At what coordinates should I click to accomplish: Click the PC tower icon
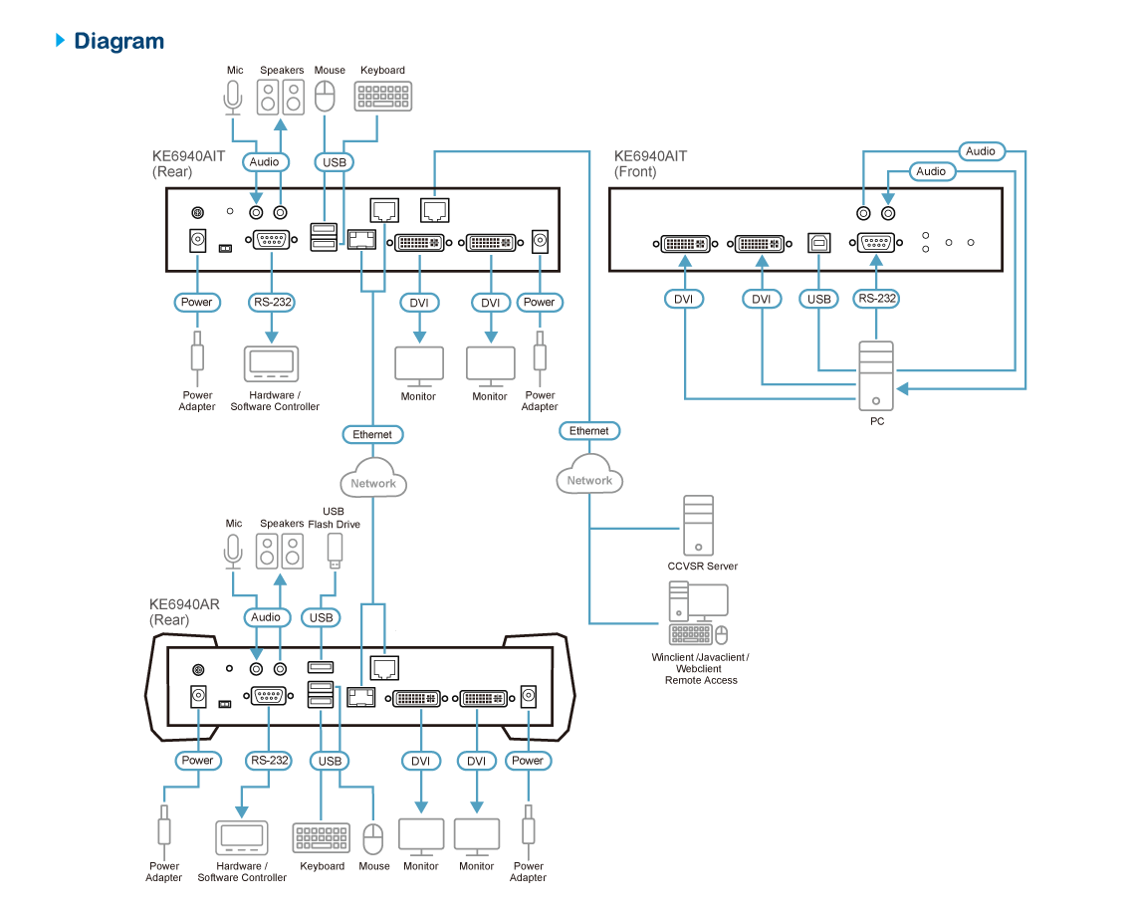[x=876, y=374]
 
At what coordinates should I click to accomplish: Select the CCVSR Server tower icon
[x=698, y=525]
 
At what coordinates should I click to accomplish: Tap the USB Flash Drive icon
[x=335, y=551]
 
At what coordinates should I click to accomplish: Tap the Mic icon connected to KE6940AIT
[x=233, y=98]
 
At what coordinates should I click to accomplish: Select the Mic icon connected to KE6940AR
[x=233, y=551]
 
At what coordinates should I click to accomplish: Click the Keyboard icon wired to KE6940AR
[x=321, y=838]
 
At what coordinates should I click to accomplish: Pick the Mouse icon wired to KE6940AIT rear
[x=325, y=97]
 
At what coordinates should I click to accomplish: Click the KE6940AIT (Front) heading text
[x=651, y=164]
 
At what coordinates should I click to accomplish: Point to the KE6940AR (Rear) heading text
[x=184, y=611]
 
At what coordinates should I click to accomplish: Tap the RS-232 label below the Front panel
[x=876, y=298]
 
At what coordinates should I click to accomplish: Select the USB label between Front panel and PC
[x=818, y=298]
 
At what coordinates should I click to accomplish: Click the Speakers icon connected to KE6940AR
[x=280, y=551]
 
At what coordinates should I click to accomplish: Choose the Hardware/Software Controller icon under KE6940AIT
[x=271, y=362]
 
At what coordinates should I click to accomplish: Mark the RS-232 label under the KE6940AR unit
[x=269, y=761]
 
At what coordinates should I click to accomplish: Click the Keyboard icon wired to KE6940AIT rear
[x=383, y=96]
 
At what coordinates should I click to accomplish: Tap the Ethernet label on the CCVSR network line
[x=588, y=431]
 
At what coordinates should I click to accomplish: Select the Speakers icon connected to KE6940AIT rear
[x=280, y=97]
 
